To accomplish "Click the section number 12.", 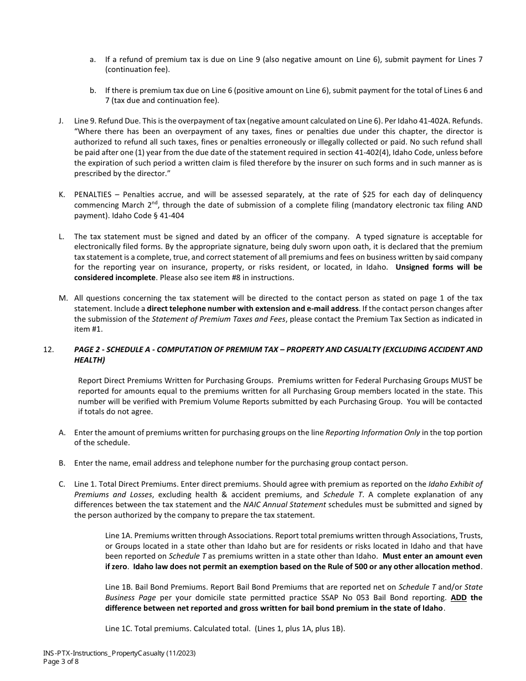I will tap(48, 349).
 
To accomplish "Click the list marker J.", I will tap(61, 120).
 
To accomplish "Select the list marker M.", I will tap(63, 298).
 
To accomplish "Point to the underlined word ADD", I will tap(458, 598).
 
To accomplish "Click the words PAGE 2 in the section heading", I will tap(88, 349).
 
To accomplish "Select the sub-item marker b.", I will tap(92, 90).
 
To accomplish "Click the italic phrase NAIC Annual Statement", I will tap(278, 505).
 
